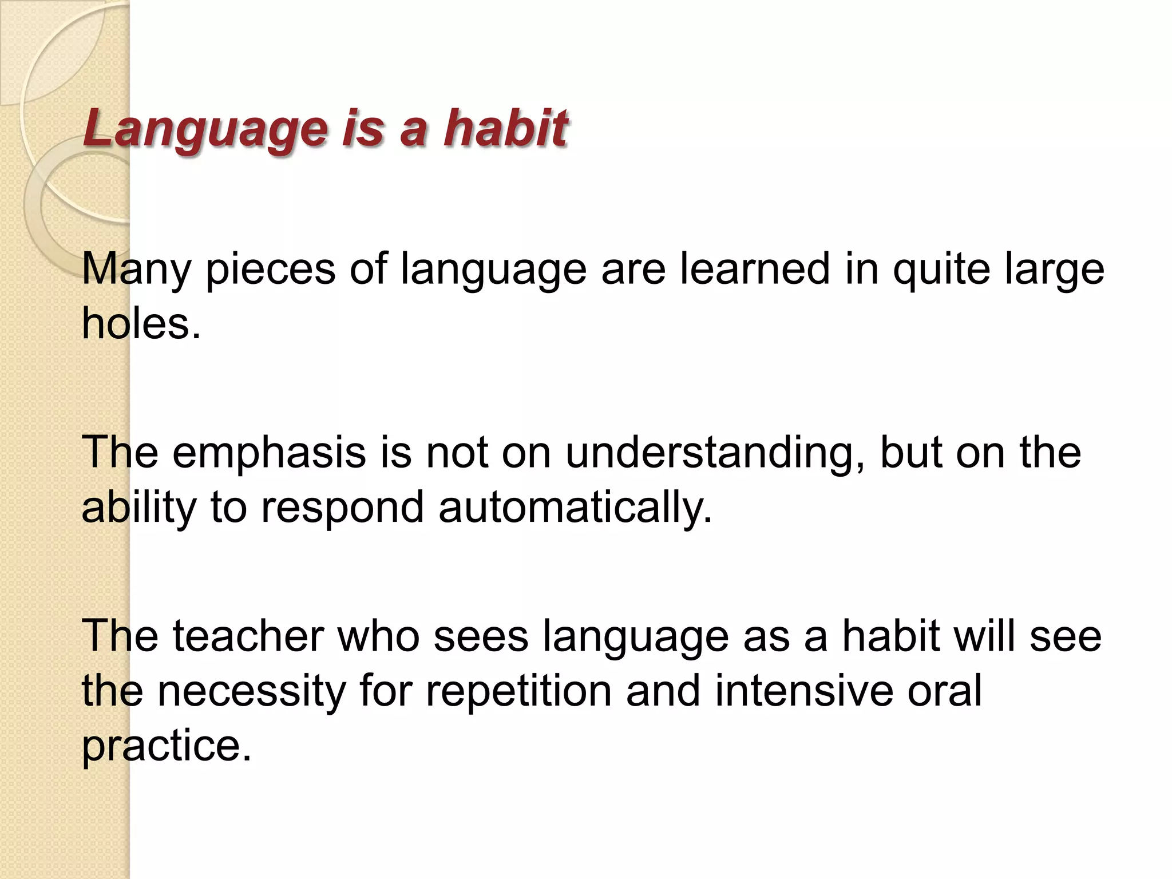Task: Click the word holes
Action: tap(141, 323)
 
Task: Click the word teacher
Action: tap(248, 636)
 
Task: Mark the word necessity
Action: tap(251, 691)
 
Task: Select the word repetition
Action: tap(518, 691)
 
